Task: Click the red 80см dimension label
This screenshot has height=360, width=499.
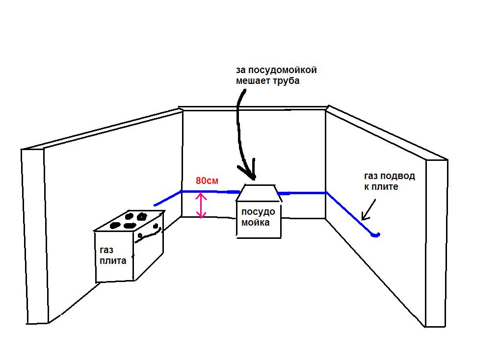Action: click(207, 180)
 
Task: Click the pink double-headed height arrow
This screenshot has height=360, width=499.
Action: click(200, 206)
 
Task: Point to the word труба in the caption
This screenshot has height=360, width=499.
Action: click(287, 81)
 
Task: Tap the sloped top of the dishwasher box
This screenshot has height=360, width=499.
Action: click(258, 192)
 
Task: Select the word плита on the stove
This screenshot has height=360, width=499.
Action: click(113, 260)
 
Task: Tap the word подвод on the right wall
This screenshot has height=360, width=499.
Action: click(398, 176)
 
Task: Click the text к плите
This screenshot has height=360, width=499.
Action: click(381, 186)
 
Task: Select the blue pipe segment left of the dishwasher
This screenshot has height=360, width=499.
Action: click(211, 192)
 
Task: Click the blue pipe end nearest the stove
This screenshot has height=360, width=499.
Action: click(156, 205)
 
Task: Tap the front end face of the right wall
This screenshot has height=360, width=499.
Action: click(436, 243)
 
